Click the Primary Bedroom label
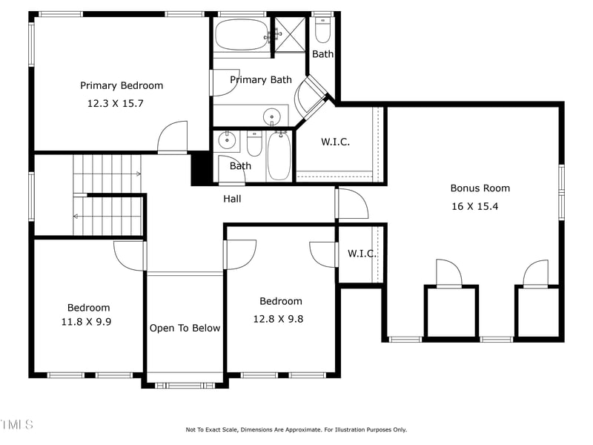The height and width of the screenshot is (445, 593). click(x=122, y=85)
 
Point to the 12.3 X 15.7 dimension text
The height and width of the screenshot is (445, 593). click(x=115, y=104)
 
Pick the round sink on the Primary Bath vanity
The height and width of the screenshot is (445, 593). click(x=273, y=116)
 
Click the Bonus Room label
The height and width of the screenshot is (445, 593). click(x=480, y=188)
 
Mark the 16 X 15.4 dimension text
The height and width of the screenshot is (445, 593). click(x=474, y=206)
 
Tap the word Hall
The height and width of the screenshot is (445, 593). click(x=232, y=199)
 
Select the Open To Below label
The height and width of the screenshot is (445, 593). click(x=185, y=328)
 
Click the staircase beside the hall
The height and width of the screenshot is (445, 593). click(x=107, y=194)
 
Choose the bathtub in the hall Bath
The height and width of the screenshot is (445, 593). click(x=279, y=156)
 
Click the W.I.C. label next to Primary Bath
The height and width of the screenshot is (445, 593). click(x=334, y=142)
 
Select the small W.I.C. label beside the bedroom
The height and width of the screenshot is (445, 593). click(x=362, y=254)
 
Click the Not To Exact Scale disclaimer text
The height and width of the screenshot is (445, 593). click(x=296, y=429)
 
